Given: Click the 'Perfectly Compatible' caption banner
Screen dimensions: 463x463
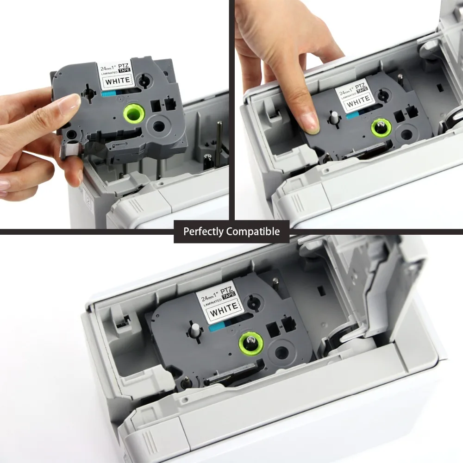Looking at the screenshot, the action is pos(231,231).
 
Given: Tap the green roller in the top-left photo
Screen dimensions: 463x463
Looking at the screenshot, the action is pos(134,113).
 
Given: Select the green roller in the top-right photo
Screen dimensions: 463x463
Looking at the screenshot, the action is pos(381,128).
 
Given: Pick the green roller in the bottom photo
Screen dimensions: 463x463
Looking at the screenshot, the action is pos(251,344).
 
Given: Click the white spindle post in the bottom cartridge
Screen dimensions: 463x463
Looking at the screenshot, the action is pos(196,330).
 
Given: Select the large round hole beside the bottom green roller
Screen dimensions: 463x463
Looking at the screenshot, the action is pos(282,352).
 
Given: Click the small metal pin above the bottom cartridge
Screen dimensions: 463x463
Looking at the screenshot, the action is pos(275,282).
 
